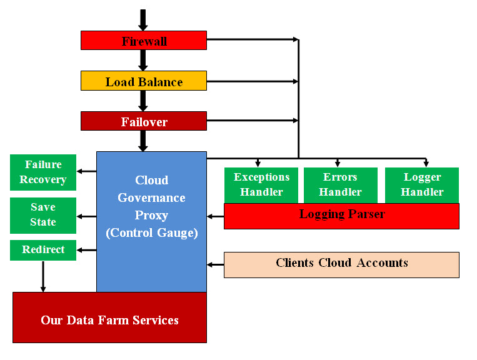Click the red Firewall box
(x=143, y=41)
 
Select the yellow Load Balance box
(x=143, y=81)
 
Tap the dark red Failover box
(x=143, y=121)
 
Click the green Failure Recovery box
(x=43, y=172)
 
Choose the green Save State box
(x=43, y=215)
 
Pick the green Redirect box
(x=43, y=250)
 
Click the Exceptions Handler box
(x=261, y=185)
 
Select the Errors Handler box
(x=340, y=185)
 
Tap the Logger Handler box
(x=421, y=185)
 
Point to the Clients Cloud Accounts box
(x=341, y=264)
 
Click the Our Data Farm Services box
(x=109, y=320)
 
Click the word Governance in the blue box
(x=151, y=198)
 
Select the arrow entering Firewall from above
(x=143, y=20)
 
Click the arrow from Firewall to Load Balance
(x=143, y=61)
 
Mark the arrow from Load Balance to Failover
(x=143, y=101)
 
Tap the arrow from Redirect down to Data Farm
(x=43, y=276)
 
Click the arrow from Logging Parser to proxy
(x=215, y=216)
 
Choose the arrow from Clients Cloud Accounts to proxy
(x=215, y=264)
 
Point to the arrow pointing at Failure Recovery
(x=86, y=171)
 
